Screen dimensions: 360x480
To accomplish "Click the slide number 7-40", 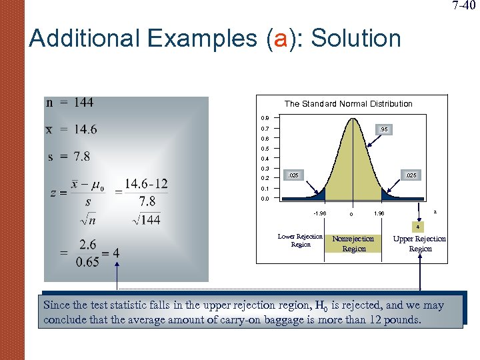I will (x=465, y=6).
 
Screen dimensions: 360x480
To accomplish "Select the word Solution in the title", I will (x=356, y=39).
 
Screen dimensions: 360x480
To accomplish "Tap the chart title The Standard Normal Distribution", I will (x=348, y=104).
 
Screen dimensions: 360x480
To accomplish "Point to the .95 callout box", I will (x=383, y=129).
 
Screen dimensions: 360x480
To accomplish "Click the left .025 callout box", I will (x=293, y=175).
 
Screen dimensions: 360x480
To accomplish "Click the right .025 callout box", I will (x=412, y=175).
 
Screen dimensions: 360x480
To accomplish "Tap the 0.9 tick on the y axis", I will (x=265, y=118).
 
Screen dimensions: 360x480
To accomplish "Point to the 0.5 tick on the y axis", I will (x=265, y=149).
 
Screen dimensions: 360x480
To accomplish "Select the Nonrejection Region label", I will (x=353, y=243).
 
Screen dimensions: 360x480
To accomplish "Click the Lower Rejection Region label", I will (x=300, y=241).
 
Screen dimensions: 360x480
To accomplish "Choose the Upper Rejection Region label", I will (x=420, y=243).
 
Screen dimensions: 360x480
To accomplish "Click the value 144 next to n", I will (x=83, y=103).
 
